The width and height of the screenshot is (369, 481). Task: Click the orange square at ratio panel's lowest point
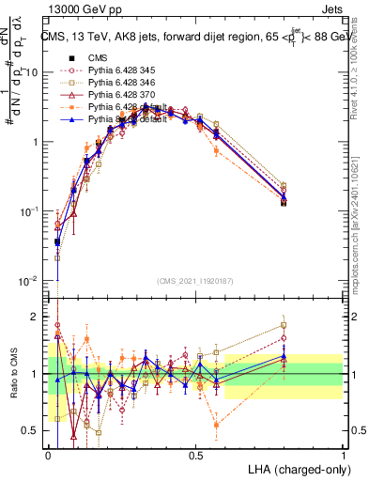[217, 425]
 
